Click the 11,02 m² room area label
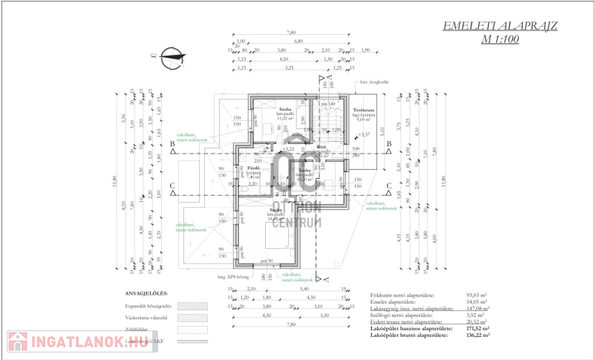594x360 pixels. (287, 118)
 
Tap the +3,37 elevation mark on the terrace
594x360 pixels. (362, 135)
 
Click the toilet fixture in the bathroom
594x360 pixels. (244, 189)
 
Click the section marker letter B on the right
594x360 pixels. (388, 143)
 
